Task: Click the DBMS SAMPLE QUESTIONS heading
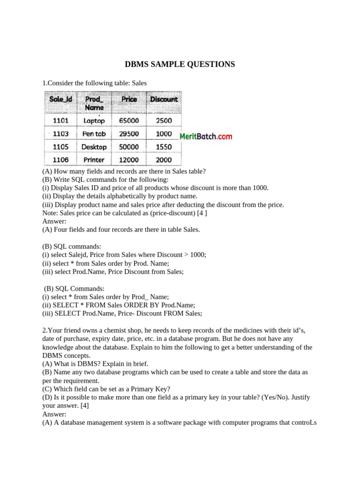coord(180,64)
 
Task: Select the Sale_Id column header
coord(61,99)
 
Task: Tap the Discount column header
coord(164,99)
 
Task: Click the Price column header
coord(129,99)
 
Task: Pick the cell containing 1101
coord(61,120)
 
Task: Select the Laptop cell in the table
coord(94,120)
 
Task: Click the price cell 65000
coord(129,120)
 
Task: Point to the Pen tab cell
coord(94,134)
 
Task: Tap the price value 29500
coord(129,134)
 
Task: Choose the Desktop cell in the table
coord(94,147)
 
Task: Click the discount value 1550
coord(164,147)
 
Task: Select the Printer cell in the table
coord(94,160)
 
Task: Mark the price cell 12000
coord(129,160)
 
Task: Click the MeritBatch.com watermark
coord(206,136)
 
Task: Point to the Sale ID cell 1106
coord(61,160)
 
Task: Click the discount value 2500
coord(164,120)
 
